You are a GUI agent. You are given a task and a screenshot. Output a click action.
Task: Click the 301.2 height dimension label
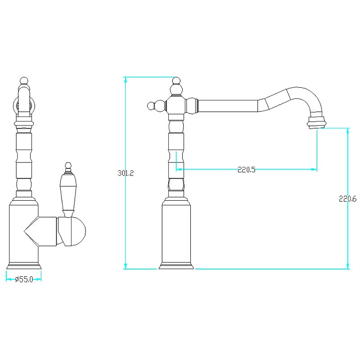[126, 173]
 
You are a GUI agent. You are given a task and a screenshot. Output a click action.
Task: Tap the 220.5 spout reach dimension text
[246, 170]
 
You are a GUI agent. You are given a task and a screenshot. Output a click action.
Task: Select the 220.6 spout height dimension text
[347, 198]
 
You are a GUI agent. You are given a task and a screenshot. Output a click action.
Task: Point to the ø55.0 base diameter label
[24, 279]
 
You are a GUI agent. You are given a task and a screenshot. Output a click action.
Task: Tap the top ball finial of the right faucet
[176, 81]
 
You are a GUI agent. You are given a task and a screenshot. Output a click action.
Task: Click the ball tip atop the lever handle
[68, 166]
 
